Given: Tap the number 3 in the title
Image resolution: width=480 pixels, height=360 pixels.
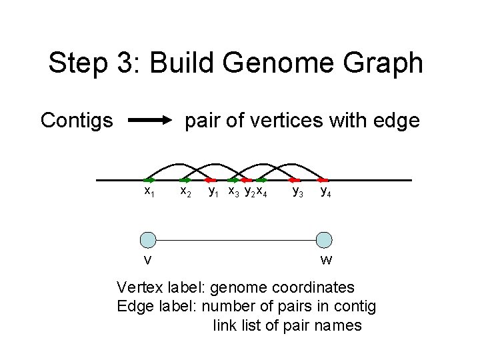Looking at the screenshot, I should (136, 63).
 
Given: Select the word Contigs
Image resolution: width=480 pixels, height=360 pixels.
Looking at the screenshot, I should (77, 121).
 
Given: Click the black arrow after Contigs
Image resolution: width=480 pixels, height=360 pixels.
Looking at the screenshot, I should (149, 121).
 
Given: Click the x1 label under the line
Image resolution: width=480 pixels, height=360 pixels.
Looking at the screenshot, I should (150, 192).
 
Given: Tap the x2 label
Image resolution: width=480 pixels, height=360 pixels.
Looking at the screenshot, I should (187, 192).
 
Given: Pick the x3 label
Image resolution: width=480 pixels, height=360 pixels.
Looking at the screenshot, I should (234, 192).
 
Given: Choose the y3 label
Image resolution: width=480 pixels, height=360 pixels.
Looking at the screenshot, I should (299, 192).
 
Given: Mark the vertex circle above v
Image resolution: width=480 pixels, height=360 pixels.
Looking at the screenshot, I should (148, 240).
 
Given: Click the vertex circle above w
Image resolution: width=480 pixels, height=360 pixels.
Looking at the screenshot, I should (324, 240).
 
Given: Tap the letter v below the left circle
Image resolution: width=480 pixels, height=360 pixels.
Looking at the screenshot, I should (148, 259).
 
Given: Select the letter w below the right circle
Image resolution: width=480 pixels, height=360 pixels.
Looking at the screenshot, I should (326, 259).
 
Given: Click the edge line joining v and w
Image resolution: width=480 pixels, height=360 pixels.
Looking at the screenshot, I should (236, 240).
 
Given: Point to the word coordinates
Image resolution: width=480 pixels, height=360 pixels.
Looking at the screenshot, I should (313, 288).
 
